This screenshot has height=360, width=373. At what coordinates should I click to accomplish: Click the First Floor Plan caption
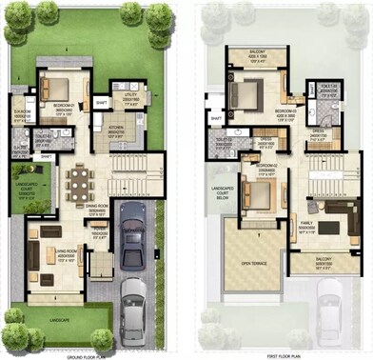coord(283,353)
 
